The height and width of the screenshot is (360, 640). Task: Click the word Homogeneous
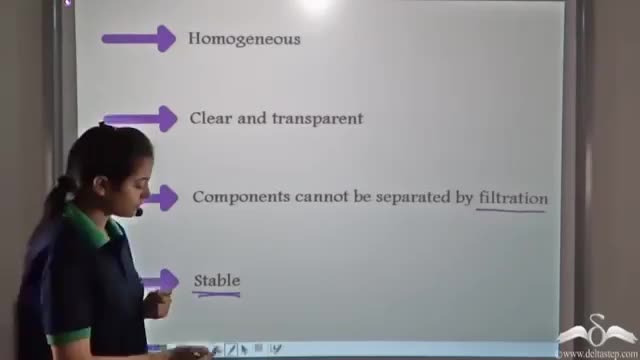coord(244,39)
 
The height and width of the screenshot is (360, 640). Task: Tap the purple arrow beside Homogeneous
coord(139,39)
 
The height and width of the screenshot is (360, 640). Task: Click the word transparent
coord(318,119)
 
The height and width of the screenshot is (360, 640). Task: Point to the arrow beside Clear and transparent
coord(141,119)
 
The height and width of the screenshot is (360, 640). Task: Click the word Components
coord(242,197)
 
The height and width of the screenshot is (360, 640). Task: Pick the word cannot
coord(322,197)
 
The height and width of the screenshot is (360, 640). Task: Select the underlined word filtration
coord(513,198)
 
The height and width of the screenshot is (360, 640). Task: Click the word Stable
coord(217,280)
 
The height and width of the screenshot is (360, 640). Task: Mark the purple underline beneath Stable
coord(216,294)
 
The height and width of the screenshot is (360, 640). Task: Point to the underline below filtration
coord(510,210)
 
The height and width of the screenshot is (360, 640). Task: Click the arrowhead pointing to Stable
coord(169,281)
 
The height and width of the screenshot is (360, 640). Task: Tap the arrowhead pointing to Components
coord(168,198)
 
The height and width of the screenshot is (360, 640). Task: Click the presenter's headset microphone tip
coord(139,212)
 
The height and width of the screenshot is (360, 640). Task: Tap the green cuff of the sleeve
coord(68,337)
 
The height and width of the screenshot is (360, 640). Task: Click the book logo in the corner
coord(597,330)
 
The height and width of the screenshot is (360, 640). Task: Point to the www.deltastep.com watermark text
coord(598,353)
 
